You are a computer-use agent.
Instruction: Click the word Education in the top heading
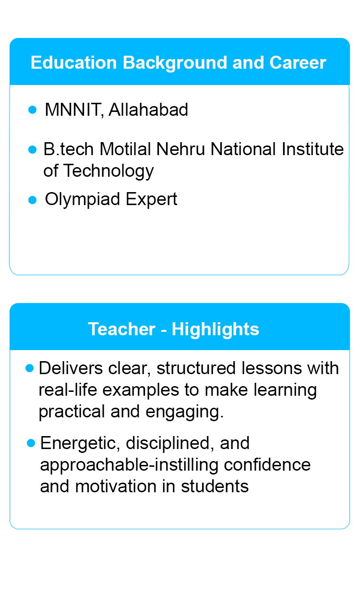click(x=73, y=62)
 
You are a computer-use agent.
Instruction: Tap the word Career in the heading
click(x=298, y=62)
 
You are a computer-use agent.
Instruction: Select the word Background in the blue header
click(x=174, y=63)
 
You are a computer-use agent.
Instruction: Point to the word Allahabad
click(x=148, y=109)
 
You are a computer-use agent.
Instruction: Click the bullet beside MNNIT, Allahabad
click(x=32, y=109)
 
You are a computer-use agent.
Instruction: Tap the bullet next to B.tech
click(x=32, y=149)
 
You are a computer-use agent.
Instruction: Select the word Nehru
click(x=180, y=149)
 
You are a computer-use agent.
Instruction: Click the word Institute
click(x=312, y=149)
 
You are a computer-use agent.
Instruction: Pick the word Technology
click(x=109, y=171)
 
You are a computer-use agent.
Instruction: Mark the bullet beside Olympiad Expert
click(x=32, y=200)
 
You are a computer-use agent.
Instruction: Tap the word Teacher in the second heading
click(x=122, y=329)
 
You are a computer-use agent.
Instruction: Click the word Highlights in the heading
click(x=216, y=330)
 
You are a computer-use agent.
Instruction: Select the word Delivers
click(x=71, y=368)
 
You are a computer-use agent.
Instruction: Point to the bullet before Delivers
click(x=29, y=368)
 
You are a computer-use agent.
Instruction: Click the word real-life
click(x=68, y=390)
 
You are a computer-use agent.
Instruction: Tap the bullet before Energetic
click(x=31, y=443)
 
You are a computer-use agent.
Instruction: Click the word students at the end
click(x=215, y=487)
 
